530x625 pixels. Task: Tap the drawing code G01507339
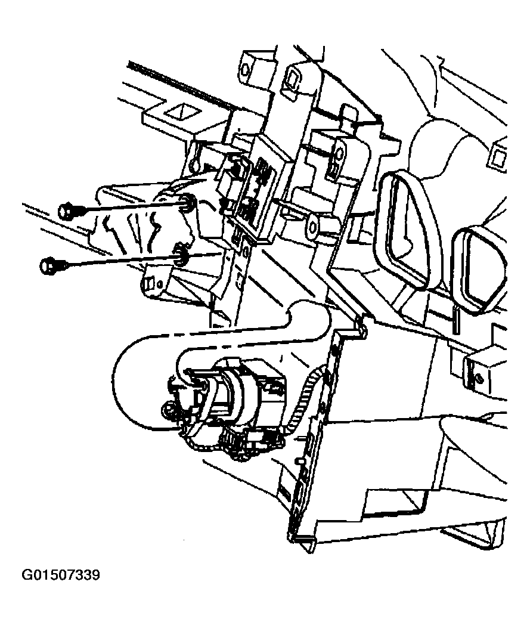click(61, 575)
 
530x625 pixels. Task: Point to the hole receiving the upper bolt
click(187, 203)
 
